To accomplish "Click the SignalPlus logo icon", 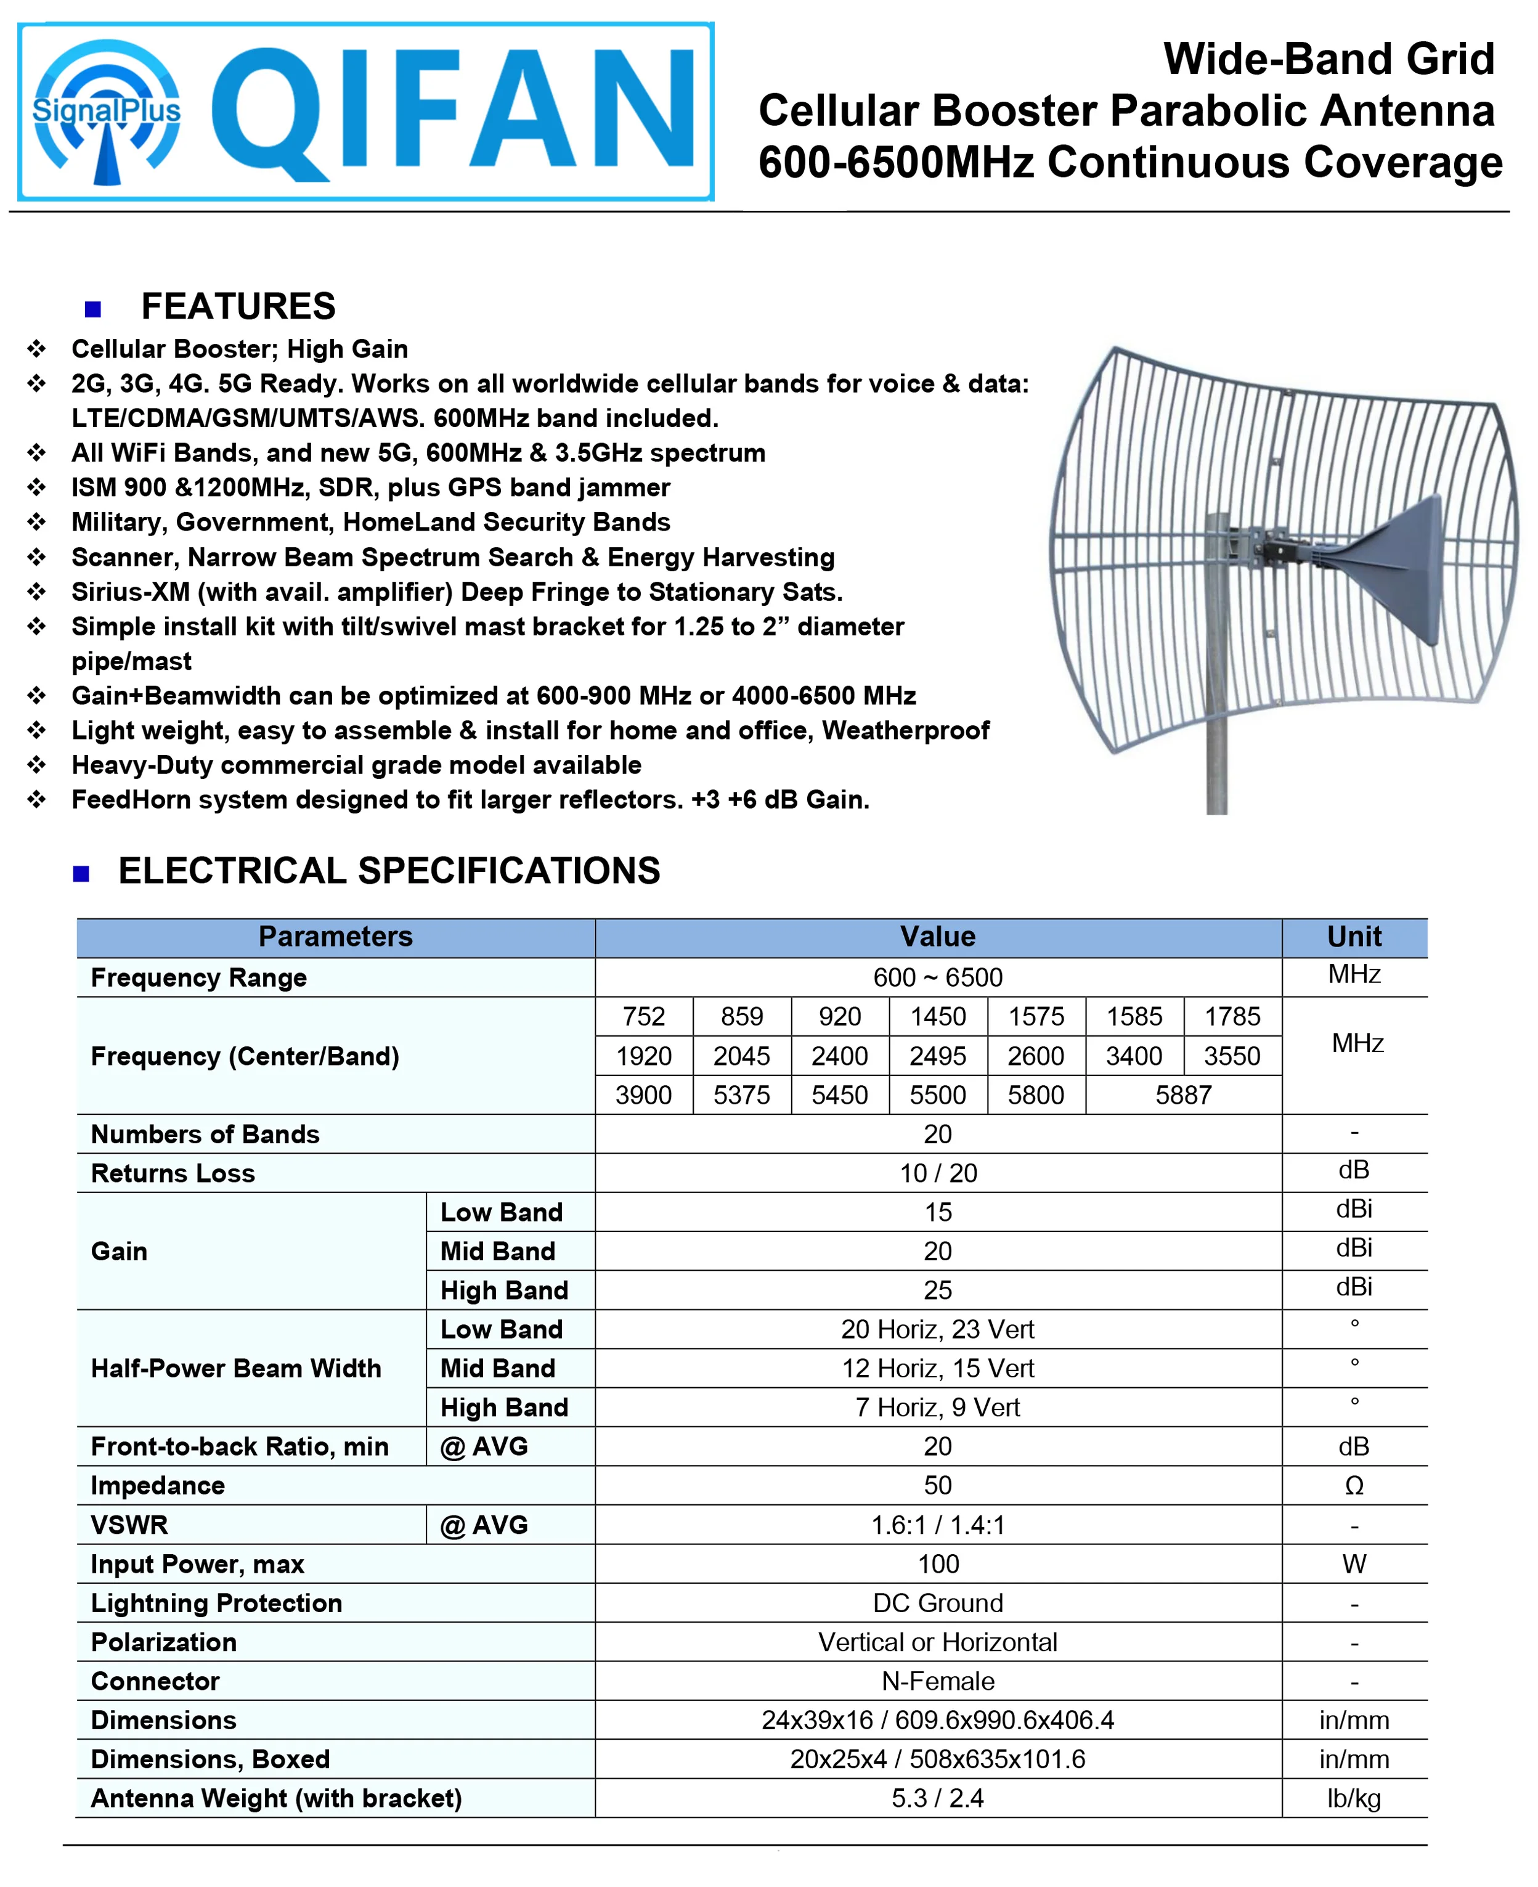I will [x=107, y=113].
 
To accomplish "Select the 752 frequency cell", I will [x=643, y=1016].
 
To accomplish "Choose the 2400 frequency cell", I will [x=839, y=1056].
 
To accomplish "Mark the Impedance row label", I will [x=158, y=1486].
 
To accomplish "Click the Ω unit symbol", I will [x=1353, y=1486].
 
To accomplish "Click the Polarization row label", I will [x=164, y=1642].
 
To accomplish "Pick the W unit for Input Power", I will [x=1353, y=1563].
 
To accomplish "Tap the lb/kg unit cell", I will [x=1353, y=1798].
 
